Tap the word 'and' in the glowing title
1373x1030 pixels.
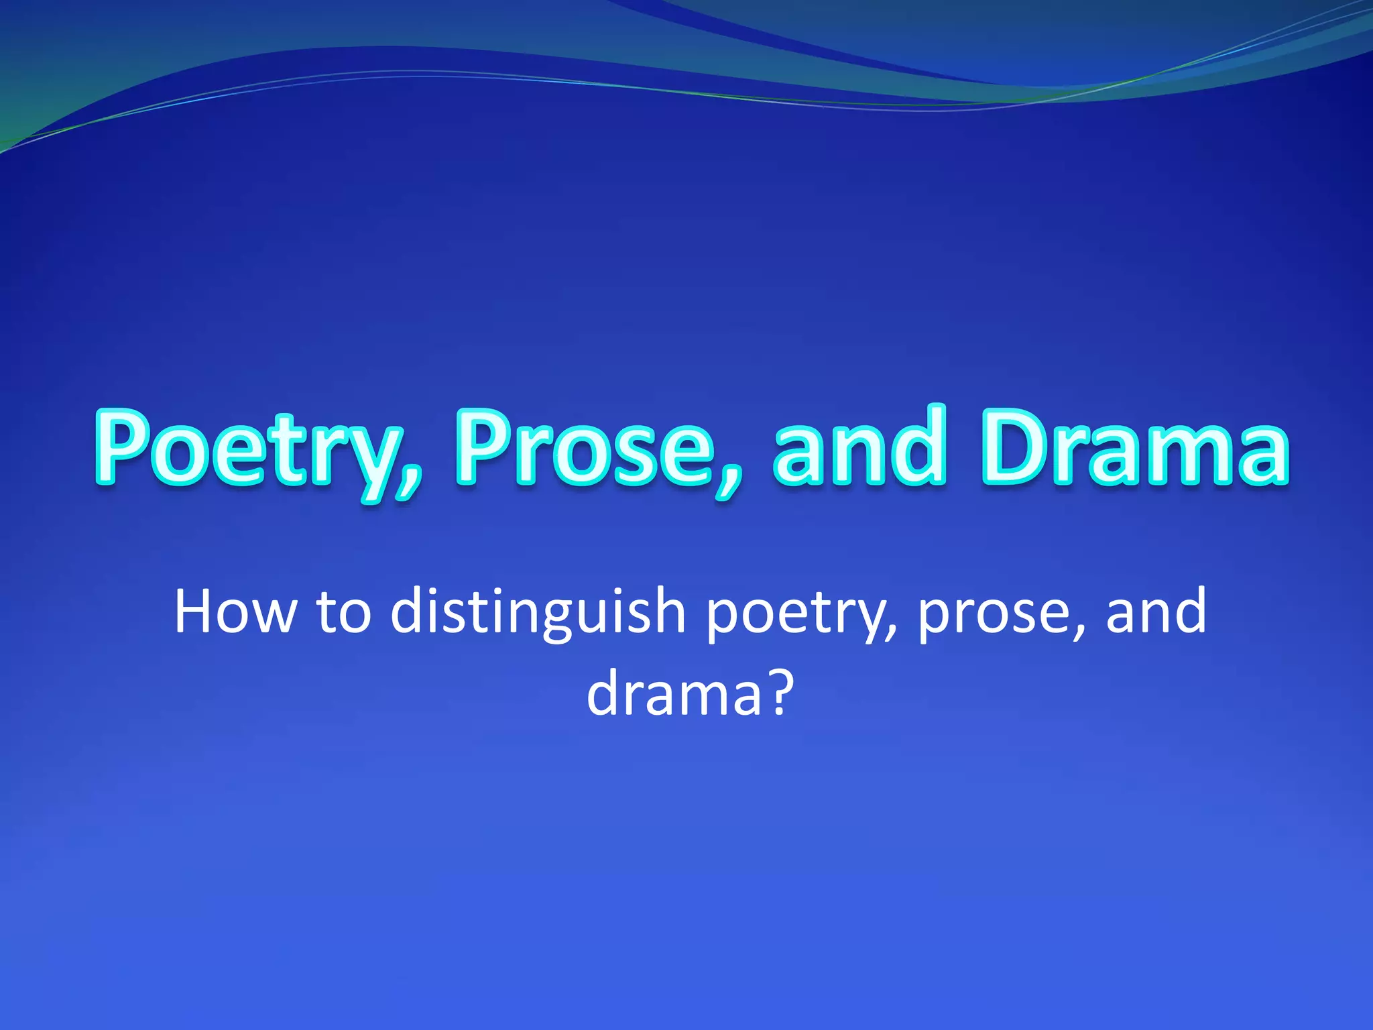pyautogui.click(x=860, y=448)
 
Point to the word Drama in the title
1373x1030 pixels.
pyautogui.click(x=1134, y=448)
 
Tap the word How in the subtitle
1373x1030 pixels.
pyautogui.click(x=235, y=612)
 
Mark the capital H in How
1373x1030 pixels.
pyautogui.click(x=195, y=612)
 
